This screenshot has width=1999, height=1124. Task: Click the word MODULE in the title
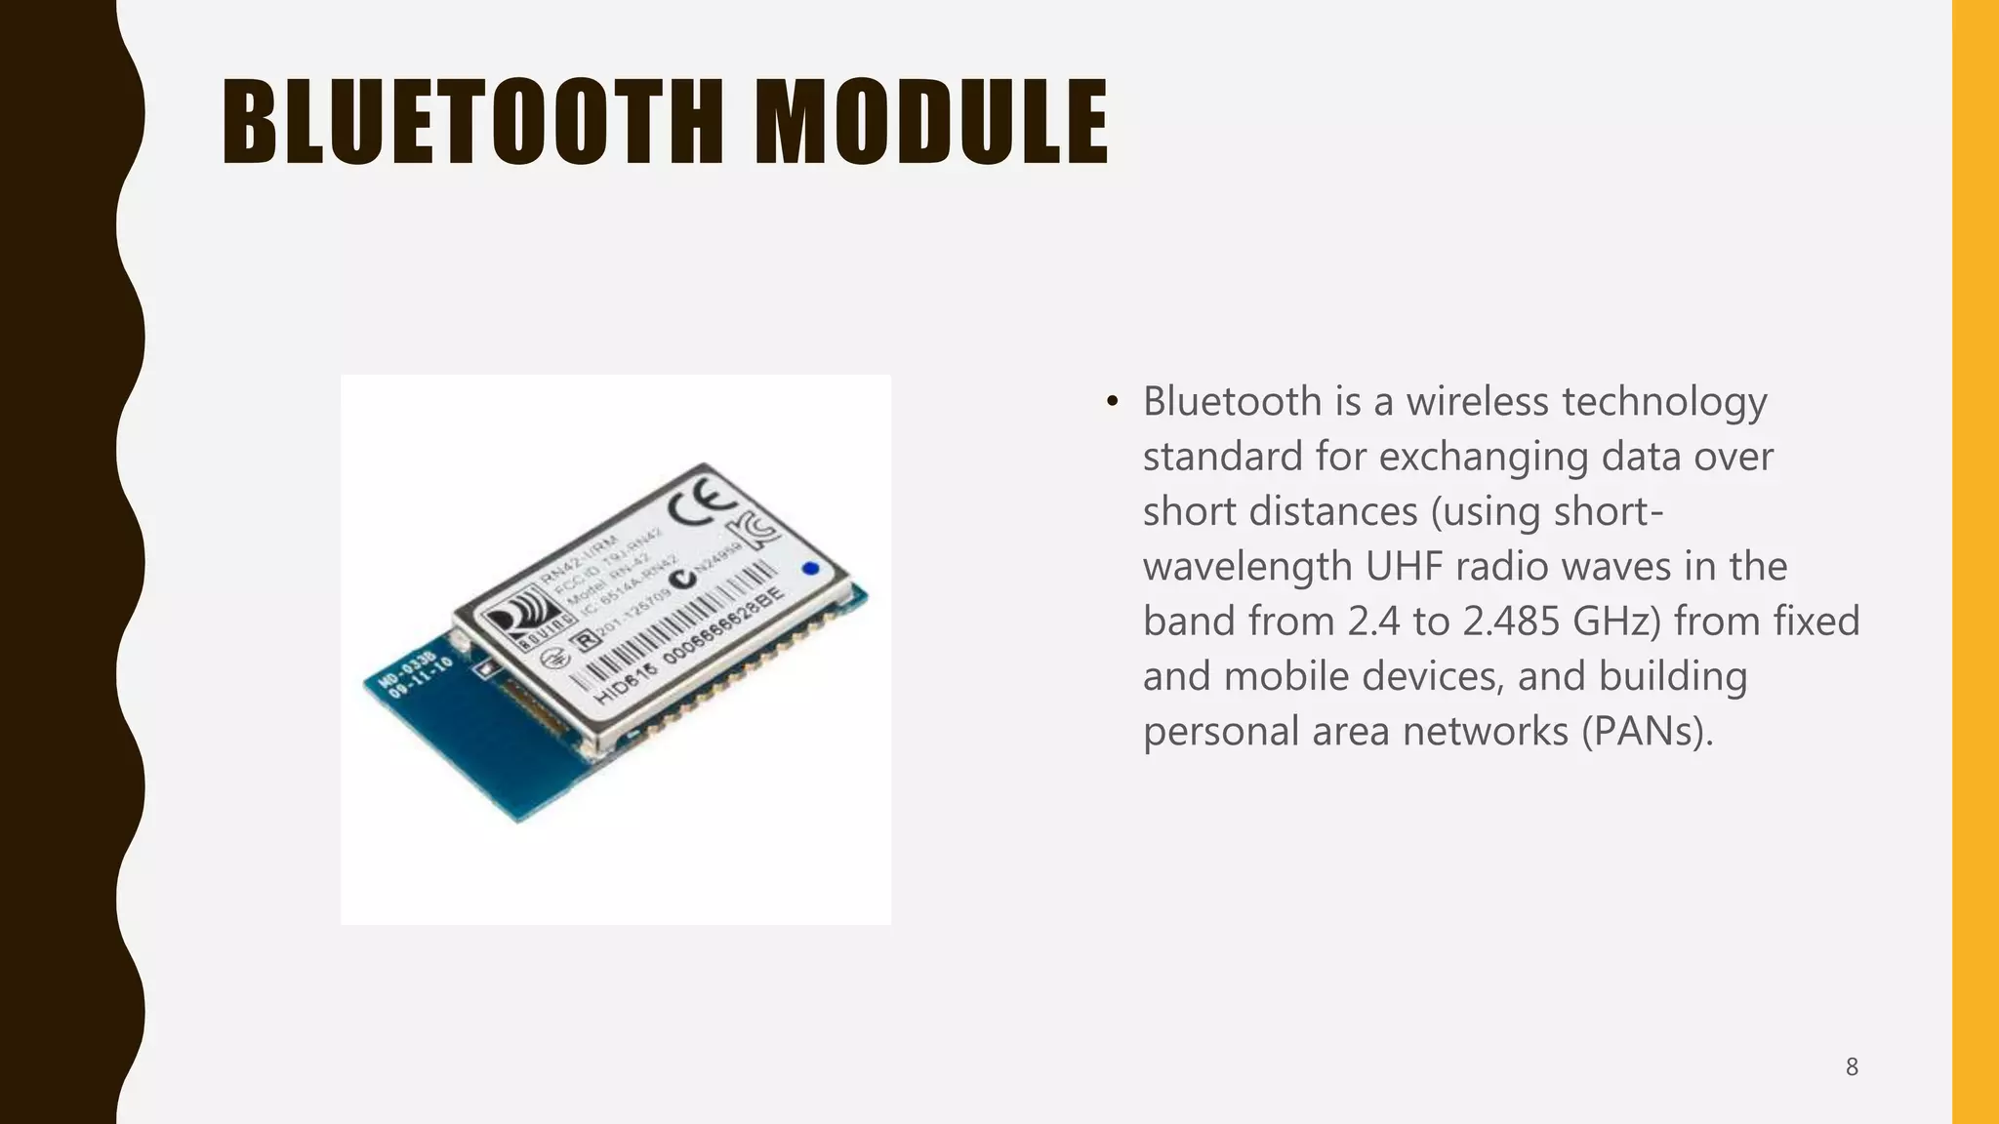[x=932, y=122]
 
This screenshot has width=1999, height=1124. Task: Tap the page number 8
[x=1852, y=1067]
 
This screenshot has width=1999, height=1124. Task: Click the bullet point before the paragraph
[x=1112, y=403]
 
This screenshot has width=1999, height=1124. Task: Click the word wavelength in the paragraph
[x=1247, y=567]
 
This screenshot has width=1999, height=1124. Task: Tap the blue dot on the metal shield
[x=810, y=569]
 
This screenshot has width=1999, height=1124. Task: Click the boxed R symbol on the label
[x=585, y=640]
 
